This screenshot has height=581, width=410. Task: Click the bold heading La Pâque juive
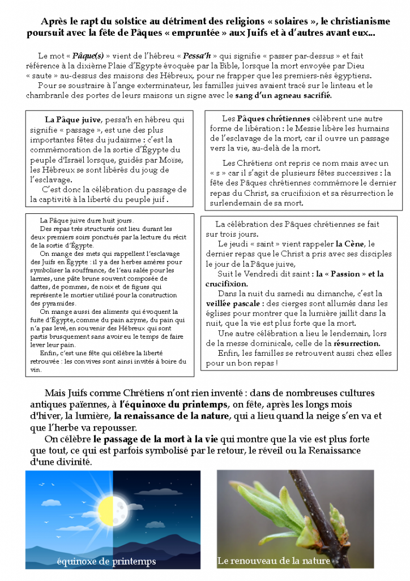(x=72, y=120)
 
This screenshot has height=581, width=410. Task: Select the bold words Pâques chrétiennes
(x=274, y=119)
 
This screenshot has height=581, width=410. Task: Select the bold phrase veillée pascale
(x=232, y=304)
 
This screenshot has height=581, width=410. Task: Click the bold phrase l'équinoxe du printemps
(x=173, y=405)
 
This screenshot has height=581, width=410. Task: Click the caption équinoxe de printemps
(x=106, y=562)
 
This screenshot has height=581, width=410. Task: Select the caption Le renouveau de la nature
(x=274, y=561)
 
